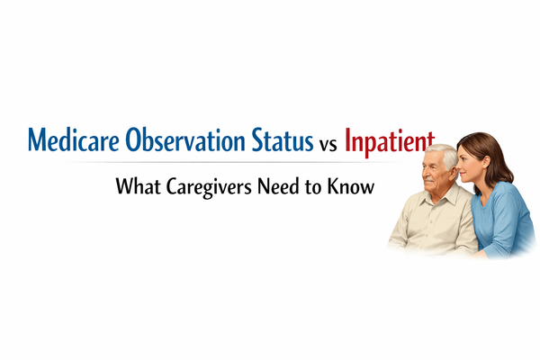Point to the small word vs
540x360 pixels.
[x=328, y=144]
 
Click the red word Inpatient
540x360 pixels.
[x=390, y=142]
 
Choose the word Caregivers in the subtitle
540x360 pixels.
[x=208, y=189]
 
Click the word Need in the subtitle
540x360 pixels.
[x=281, y=188]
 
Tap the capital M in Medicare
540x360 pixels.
[x=38, y=141]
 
